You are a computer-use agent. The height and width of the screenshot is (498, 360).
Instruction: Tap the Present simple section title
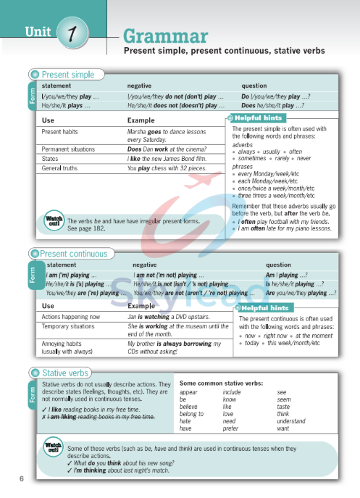pyautogui.click(x=67, y=75)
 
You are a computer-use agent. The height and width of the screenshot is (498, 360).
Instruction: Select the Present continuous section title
pyautogui.click(x=73, y=254)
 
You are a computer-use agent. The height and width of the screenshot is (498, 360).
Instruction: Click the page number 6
pyautogui.click(x=22, y=478)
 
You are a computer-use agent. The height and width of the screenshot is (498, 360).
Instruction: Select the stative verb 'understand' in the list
pyautogui.click(x=291, y=421)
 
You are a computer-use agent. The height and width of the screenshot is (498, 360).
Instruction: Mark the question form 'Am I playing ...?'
pyautogui.click(x=286, y=275)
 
